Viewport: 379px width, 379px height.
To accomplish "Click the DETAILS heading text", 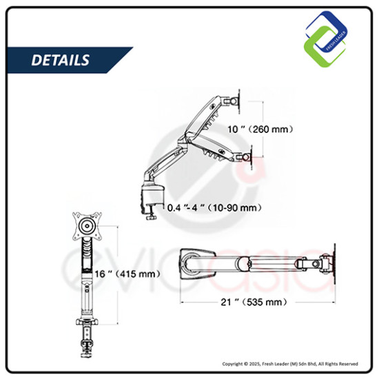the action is (61, 60).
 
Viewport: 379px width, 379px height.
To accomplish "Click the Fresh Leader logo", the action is (326, 39).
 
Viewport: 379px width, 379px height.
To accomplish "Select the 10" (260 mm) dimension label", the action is (260, 130).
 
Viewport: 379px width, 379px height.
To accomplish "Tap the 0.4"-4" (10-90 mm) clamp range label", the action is (214, 207).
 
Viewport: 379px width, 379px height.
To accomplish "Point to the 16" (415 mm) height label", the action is (127, 274).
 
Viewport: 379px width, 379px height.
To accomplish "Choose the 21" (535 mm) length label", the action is (254, 302).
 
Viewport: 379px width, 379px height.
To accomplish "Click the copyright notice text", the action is (290, 364).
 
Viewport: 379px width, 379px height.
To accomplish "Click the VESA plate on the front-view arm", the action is (88, 226).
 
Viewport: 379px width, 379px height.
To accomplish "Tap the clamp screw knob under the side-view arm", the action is (151, 217).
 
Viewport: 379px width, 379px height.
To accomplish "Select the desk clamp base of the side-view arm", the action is (152, 195).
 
